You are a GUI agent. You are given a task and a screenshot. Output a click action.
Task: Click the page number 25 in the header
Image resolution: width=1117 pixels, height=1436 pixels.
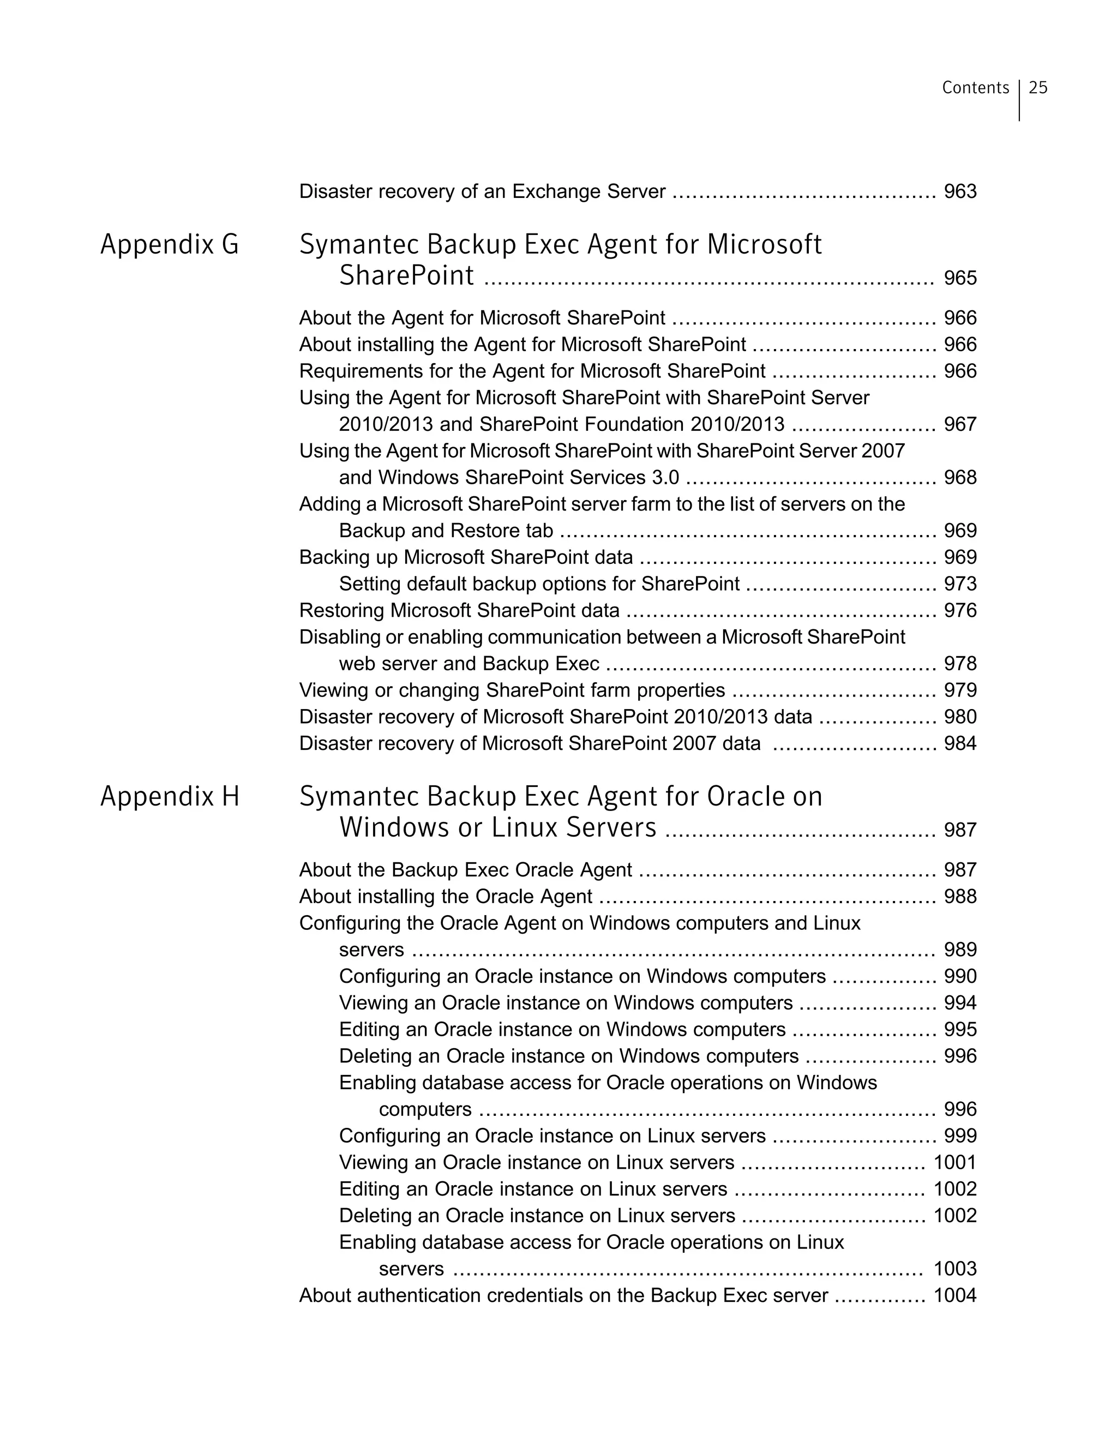point(1038,87)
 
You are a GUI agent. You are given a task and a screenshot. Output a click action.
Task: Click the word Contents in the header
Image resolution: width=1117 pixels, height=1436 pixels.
point(975,87)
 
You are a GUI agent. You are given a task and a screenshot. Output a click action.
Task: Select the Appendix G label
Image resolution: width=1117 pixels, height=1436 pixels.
point(170,244)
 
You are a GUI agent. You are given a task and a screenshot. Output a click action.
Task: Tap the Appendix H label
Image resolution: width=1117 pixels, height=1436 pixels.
point(170,796)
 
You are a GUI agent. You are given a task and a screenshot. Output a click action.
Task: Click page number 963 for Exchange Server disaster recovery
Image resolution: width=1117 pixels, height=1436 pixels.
point(960,191)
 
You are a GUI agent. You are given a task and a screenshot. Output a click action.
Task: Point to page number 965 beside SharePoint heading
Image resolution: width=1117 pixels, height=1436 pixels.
point(960,278)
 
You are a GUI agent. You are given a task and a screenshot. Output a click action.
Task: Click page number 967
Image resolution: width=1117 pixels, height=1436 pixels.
point(960,424)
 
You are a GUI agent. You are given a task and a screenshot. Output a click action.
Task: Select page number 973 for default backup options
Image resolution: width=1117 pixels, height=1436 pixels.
point(960,584)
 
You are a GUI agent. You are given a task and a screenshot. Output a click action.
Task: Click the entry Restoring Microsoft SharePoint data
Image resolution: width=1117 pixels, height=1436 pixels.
point(459,611)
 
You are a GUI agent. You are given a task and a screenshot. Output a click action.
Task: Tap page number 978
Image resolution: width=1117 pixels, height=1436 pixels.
point(960,663)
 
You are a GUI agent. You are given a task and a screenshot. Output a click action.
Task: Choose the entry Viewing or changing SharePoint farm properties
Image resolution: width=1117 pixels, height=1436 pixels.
point(512,690)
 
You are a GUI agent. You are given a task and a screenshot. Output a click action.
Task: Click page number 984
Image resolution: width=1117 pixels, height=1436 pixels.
point(960,744)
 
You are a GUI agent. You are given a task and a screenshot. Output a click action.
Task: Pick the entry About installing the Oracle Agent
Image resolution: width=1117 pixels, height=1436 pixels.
point(446,897)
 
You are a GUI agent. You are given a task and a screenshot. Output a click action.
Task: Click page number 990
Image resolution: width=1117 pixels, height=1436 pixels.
point(960,976)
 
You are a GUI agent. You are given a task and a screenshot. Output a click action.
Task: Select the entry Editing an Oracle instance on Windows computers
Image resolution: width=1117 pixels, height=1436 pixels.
point(562,1030)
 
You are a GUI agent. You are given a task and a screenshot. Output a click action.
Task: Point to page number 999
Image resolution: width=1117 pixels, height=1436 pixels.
point(960,1135)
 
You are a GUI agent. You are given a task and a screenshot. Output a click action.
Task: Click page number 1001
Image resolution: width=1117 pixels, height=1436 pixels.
point(954,1162)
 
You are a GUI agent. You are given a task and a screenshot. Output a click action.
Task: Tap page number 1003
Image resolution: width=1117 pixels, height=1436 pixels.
point(954,1269)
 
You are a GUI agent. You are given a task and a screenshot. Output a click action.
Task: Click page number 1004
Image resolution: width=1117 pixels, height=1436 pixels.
point(954,1295)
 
